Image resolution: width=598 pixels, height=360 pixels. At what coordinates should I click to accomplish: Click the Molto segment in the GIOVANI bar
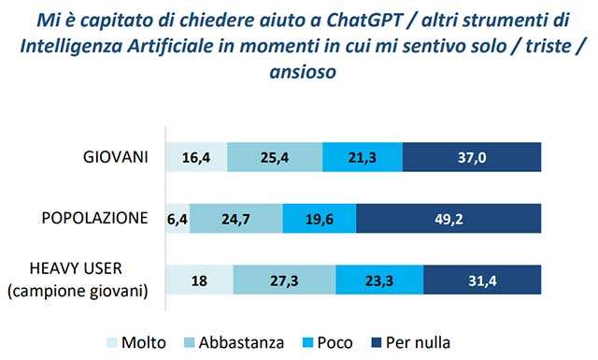196,157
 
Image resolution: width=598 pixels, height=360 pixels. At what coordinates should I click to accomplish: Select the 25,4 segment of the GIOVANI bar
274,157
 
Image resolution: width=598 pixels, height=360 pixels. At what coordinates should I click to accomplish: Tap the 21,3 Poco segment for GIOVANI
363,157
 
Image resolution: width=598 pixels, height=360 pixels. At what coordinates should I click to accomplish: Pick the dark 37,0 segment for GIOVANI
472,157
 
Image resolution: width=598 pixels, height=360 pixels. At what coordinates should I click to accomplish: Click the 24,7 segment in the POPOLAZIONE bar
235,219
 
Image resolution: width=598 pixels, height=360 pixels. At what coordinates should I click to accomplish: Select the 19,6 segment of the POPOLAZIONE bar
319,219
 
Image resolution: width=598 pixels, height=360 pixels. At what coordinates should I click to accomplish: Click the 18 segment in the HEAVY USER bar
199,281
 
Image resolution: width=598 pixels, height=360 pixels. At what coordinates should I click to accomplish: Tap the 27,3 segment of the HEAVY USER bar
284,281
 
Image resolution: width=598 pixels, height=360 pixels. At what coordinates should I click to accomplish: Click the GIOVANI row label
117,156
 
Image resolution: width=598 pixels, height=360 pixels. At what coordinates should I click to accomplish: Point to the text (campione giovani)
78,292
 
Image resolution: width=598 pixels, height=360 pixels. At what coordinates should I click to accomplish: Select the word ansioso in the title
299,71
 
